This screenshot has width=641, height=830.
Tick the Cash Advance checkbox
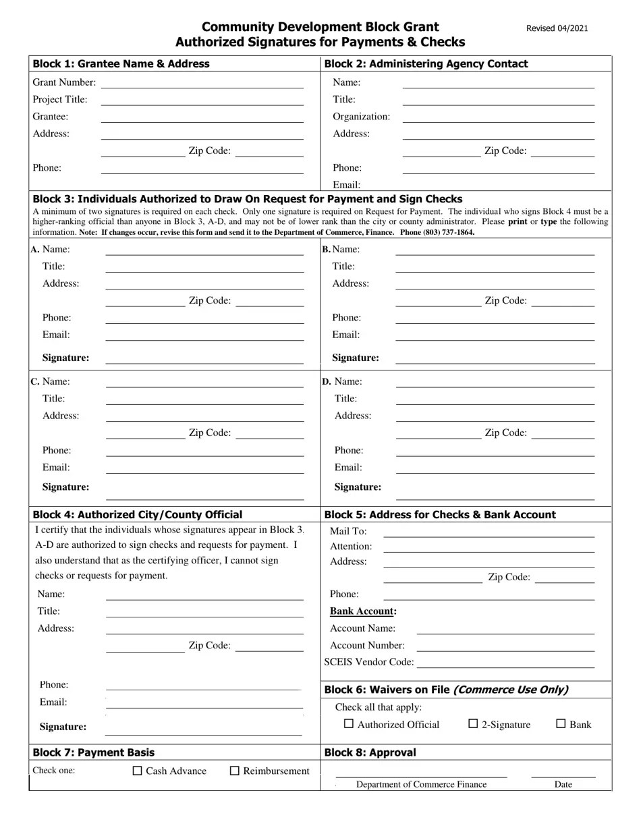pos(138,771)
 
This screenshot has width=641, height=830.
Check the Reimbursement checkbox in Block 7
pos(235,771)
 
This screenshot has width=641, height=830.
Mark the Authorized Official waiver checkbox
pos(349,724)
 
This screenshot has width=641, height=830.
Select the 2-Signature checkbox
pos(473,724)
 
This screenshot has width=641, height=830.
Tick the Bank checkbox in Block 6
pos(561,724)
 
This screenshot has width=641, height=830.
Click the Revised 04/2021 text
pos(557,28)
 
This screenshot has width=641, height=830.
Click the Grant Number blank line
pos(202,84)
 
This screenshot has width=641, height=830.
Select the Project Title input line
pos(202,101)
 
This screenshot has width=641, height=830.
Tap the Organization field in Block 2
pos(498,118)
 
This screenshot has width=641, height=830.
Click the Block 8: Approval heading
pos(370,752)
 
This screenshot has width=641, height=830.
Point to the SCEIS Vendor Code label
pos(368,662)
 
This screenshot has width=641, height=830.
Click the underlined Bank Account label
pos(362,611)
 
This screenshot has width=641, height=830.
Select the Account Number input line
pos(505,647)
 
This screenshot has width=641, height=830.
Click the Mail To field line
pos(489,532)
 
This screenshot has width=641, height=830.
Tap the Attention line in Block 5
pos(489,548)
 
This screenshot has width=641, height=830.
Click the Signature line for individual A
pos(204,360)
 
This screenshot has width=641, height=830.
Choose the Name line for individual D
pos(495,383)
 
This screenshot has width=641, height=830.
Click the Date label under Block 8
pos(563,784)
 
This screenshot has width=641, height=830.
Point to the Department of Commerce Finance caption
pos(421,784)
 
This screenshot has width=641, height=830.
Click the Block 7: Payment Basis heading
pos(93,752)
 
